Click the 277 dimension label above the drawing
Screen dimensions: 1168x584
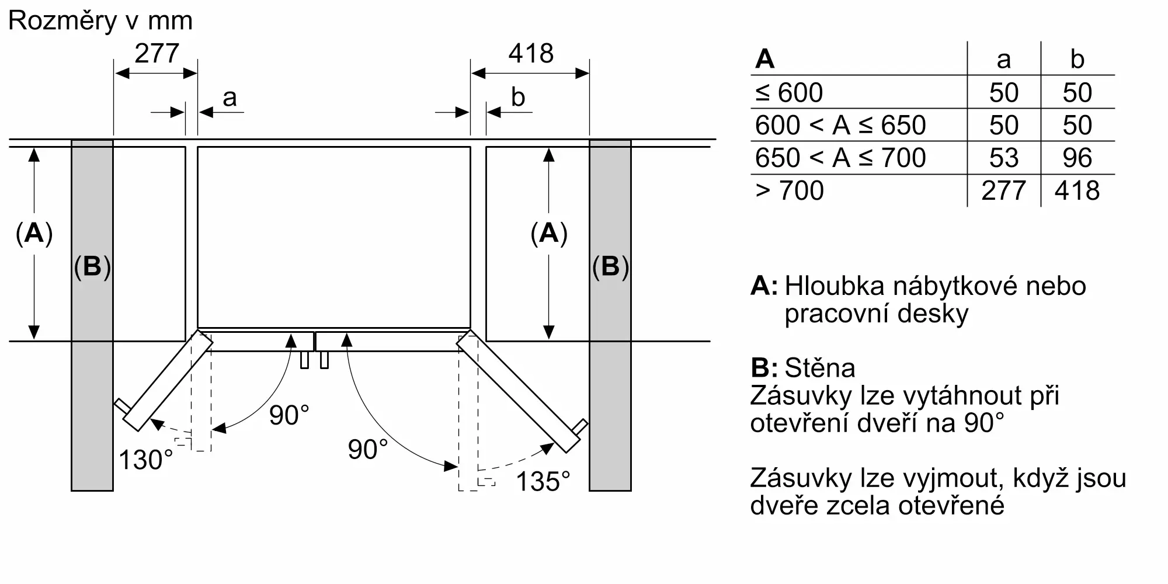(x=157, y=54)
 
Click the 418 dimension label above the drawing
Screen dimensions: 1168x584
(x=531, y=54)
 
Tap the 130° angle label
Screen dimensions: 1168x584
(x=146, y=460)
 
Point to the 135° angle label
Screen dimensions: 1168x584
(x=543, y=482)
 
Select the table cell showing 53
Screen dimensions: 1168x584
(x=1004, y=158)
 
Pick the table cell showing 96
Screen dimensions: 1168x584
(x=1077, y=158)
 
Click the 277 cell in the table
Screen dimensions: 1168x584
(x=1004, y=190)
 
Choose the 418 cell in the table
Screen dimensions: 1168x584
(x=1077, y=190)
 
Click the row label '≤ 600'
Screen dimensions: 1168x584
(x=789, y=92)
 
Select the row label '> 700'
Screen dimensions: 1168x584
(x=790, y=190)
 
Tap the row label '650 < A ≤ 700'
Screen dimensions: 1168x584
(x=840, y=158)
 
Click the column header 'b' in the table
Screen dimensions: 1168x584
(x=1077, y=59)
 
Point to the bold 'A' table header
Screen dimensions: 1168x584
(x=764, y=59)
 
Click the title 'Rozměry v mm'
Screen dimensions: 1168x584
(x=100, y=21)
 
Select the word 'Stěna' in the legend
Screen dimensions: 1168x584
(x=820, y=368)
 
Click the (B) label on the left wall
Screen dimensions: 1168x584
(x=92, y=266)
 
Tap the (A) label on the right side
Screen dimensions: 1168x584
(x=549, y=234)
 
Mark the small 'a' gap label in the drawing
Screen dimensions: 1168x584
(x=230, y=98)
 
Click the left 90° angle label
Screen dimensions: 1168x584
(x=289, y=415)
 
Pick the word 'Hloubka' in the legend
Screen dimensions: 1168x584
(x=835, y=286)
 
